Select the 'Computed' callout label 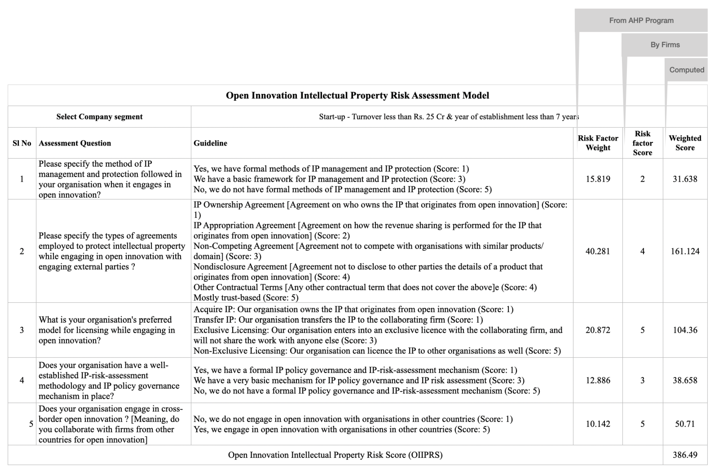pos(687,70)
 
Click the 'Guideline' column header pos(210,143)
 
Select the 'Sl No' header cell pos(22,143)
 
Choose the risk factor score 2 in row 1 pos(642,179)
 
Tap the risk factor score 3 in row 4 pos(642,380)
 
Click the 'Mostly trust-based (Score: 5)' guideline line pos(246,297)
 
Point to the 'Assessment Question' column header pos(75,143)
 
